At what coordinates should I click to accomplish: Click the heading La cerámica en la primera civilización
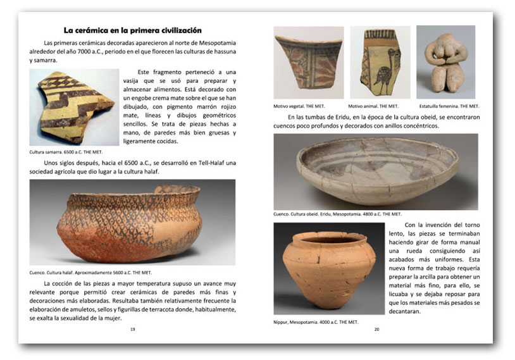tap(132, 30)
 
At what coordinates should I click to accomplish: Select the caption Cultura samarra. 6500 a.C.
tap(66, 152)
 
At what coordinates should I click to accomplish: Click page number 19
tap(132, 330)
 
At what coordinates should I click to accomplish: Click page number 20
tap(376, 330)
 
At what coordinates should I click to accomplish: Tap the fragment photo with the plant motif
tap(308, 62)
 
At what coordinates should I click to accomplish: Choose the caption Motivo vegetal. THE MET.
tap(300, 106)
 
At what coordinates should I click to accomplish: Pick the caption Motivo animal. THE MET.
tap(373, 106)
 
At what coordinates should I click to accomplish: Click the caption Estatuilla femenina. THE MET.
tap(449, 106)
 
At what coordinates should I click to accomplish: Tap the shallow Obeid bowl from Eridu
tap(375, 171)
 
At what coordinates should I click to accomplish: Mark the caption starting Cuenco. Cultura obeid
tap(337, 214)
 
